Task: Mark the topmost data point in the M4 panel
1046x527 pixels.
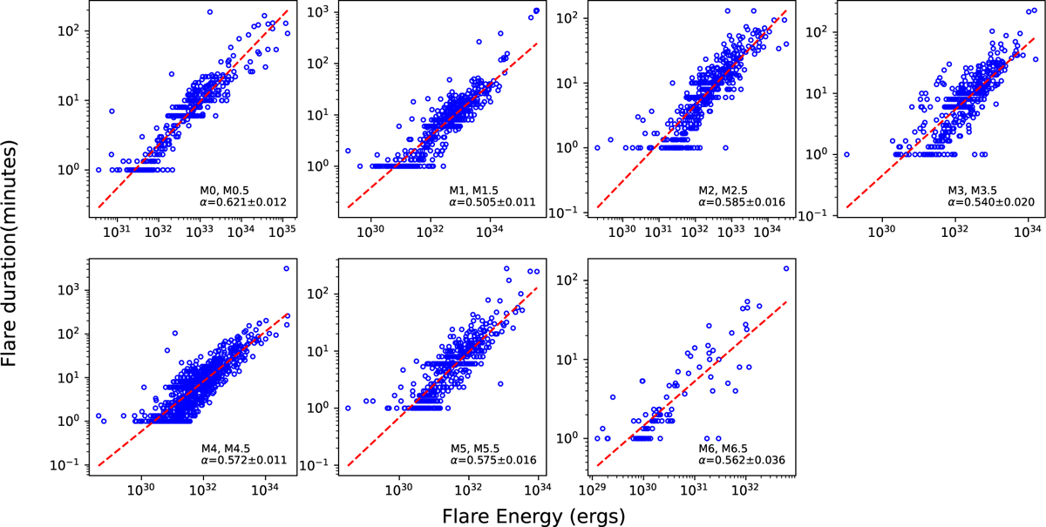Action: point(286,268)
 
